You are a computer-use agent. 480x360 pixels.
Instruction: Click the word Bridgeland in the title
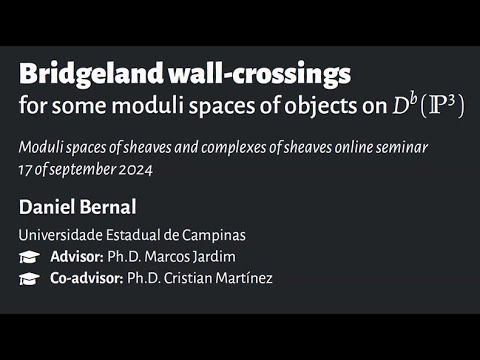[82, 74]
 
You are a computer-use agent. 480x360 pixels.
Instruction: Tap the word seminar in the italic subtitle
[406, 148]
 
